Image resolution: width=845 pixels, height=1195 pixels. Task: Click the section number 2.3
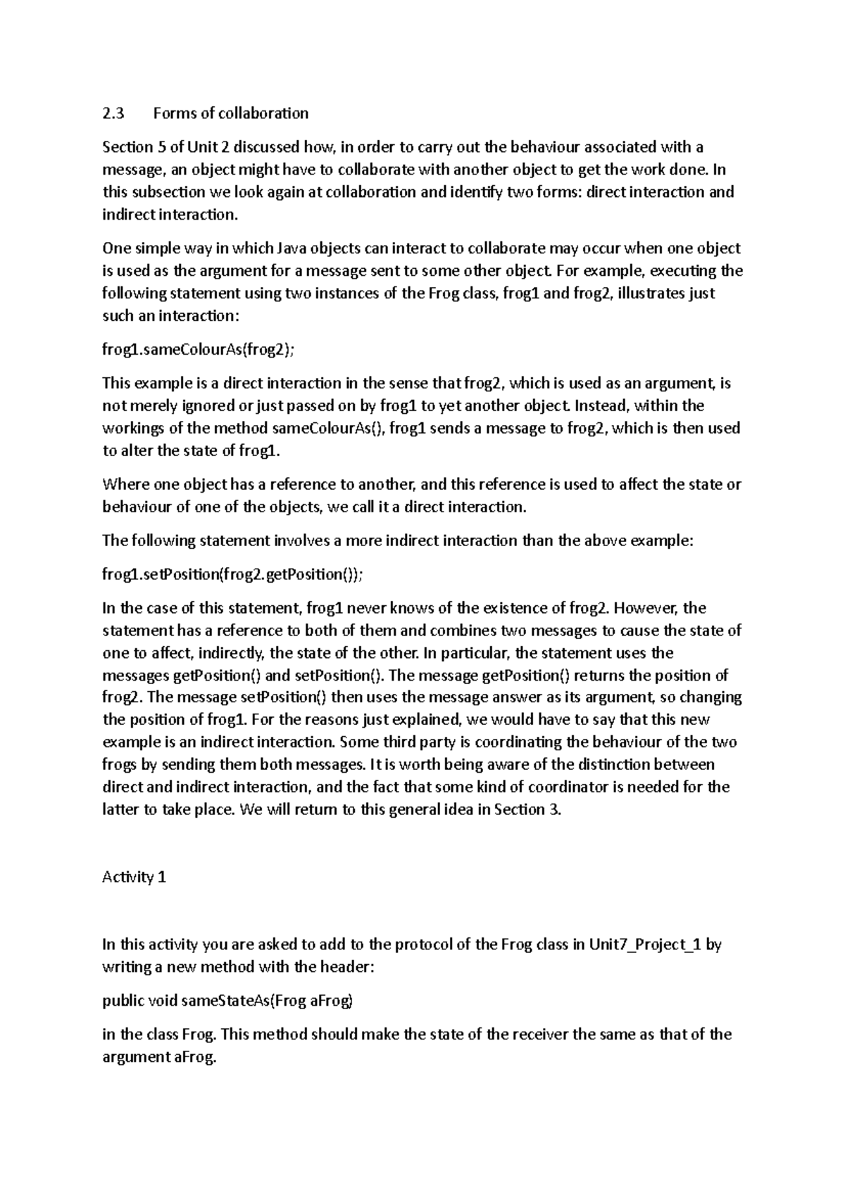click(x=113, y=113)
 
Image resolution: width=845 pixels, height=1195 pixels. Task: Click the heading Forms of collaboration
click(x=231, y=113)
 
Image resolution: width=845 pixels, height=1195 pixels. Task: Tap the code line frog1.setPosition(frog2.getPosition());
click(x=233, y=574)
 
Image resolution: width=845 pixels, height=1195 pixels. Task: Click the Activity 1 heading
click(x=134, y=878)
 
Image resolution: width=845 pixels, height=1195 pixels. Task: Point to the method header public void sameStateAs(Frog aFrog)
click(x=227, y=1001)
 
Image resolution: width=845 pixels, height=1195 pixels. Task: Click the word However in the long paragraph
click(x=650, y=608)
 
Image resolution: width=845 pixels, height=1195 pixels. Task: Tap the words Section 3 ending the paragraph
click(x=527, y=809)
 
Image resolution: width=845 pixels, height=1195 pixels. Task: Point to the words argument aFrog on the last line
click(x=158, y=1057)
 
